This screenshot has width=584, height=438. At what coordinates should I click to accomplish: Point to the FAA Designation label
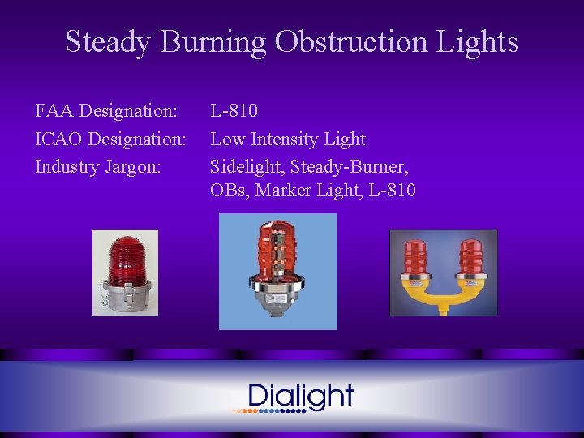pos(106,109)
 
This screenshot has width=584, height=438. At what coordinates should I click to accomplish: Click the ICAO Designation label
pos(110,139)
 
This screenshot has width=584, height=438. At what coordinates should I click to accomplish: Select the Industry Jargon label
pos(98,167)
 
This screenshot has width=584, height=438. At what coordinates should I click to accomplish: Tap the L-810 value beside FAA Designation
pos(234,109)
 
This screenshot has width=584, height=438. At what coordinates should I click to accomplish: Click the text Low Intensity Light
pos(288,139)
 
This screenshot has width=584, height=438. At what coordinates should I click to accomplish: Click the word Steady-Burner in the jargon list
pos(350,167)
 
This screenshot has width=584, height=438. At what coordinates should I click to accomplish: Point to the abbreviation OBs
pos(230,191)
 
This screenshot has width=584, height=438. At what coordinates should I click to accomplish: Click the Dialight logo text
pos(301,396)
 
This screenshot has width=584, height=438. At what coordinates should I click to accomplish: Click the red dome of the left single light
pos(125,258)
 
